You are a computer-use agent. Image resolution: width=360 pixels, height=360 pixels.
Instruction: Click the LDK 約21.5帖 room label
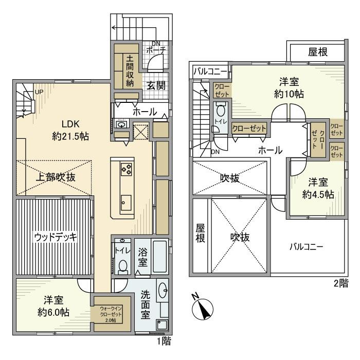click(71, 130)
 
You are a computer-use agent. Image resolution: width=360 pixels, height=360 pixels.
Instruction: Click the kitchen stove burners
click(126, 168)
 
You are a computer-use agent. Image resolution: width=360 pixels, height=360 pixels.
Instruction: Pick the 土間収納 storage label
click(130, 72)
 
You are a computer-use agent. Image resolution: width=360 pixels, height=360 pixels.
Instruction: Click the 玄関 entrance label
click(155, 85)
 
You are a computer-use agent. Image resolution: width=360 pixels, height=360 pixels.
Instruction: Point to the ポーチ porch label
click(154, 50)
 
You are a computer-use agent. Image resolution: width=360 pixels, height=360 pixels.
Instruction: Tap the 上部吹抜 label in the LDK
click(56, 177)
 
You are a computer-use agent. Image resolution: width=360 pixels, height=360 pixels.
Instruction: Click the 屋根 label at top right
click(318, 52)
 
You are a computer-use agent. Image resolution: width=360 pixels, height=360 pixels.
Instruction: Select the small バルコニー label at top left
click(207, 71)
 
